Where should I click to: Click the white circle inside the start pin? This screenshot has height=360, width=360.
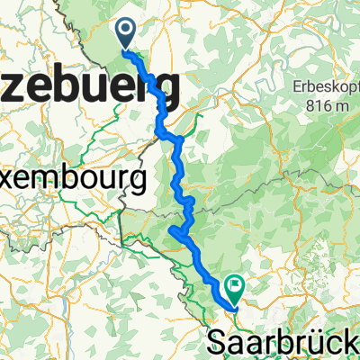[125, 31]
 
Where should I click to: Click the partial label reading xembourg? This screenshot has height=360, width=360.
[72, 179]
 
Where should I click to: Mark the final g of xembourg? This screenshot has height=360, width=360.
[138, 183]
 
